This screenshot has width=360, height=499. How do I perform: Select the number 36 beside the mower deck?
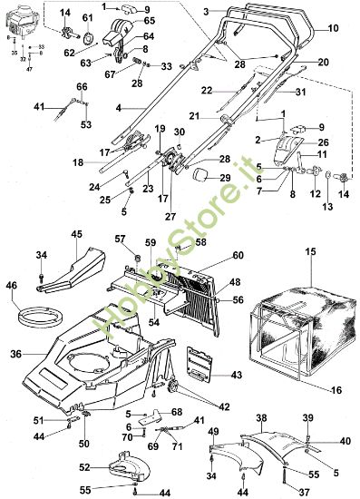coord(16,355)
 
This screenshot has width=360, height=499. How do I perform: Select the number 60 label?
coord(238,256)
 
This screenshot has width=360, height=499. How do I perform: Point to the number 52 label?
coord(83,468)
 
